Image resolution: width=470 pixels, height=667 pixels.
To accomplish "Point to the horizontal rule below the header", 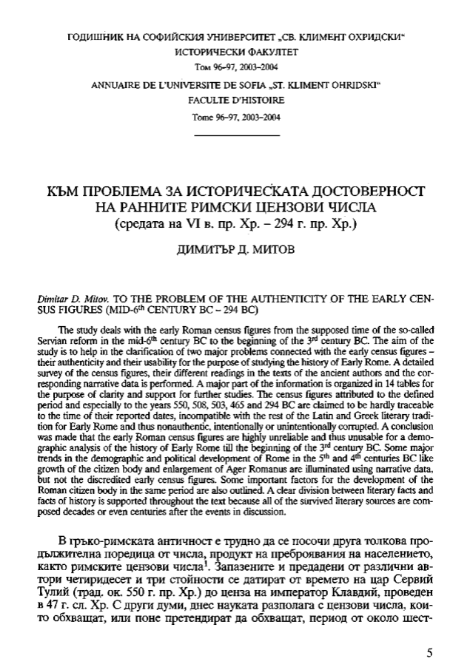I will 236,136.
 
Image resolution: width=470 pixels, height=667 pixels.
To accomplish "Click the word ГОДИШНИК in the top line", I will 97,35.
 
